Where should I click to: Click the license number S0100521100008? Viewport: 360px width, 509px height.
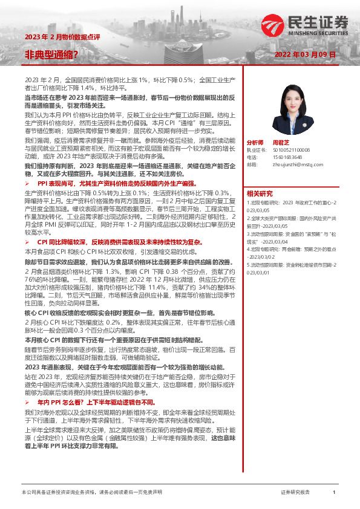pos(287,149)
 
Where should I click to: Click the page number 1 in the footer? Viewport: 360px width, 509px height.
pos(334,493)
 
